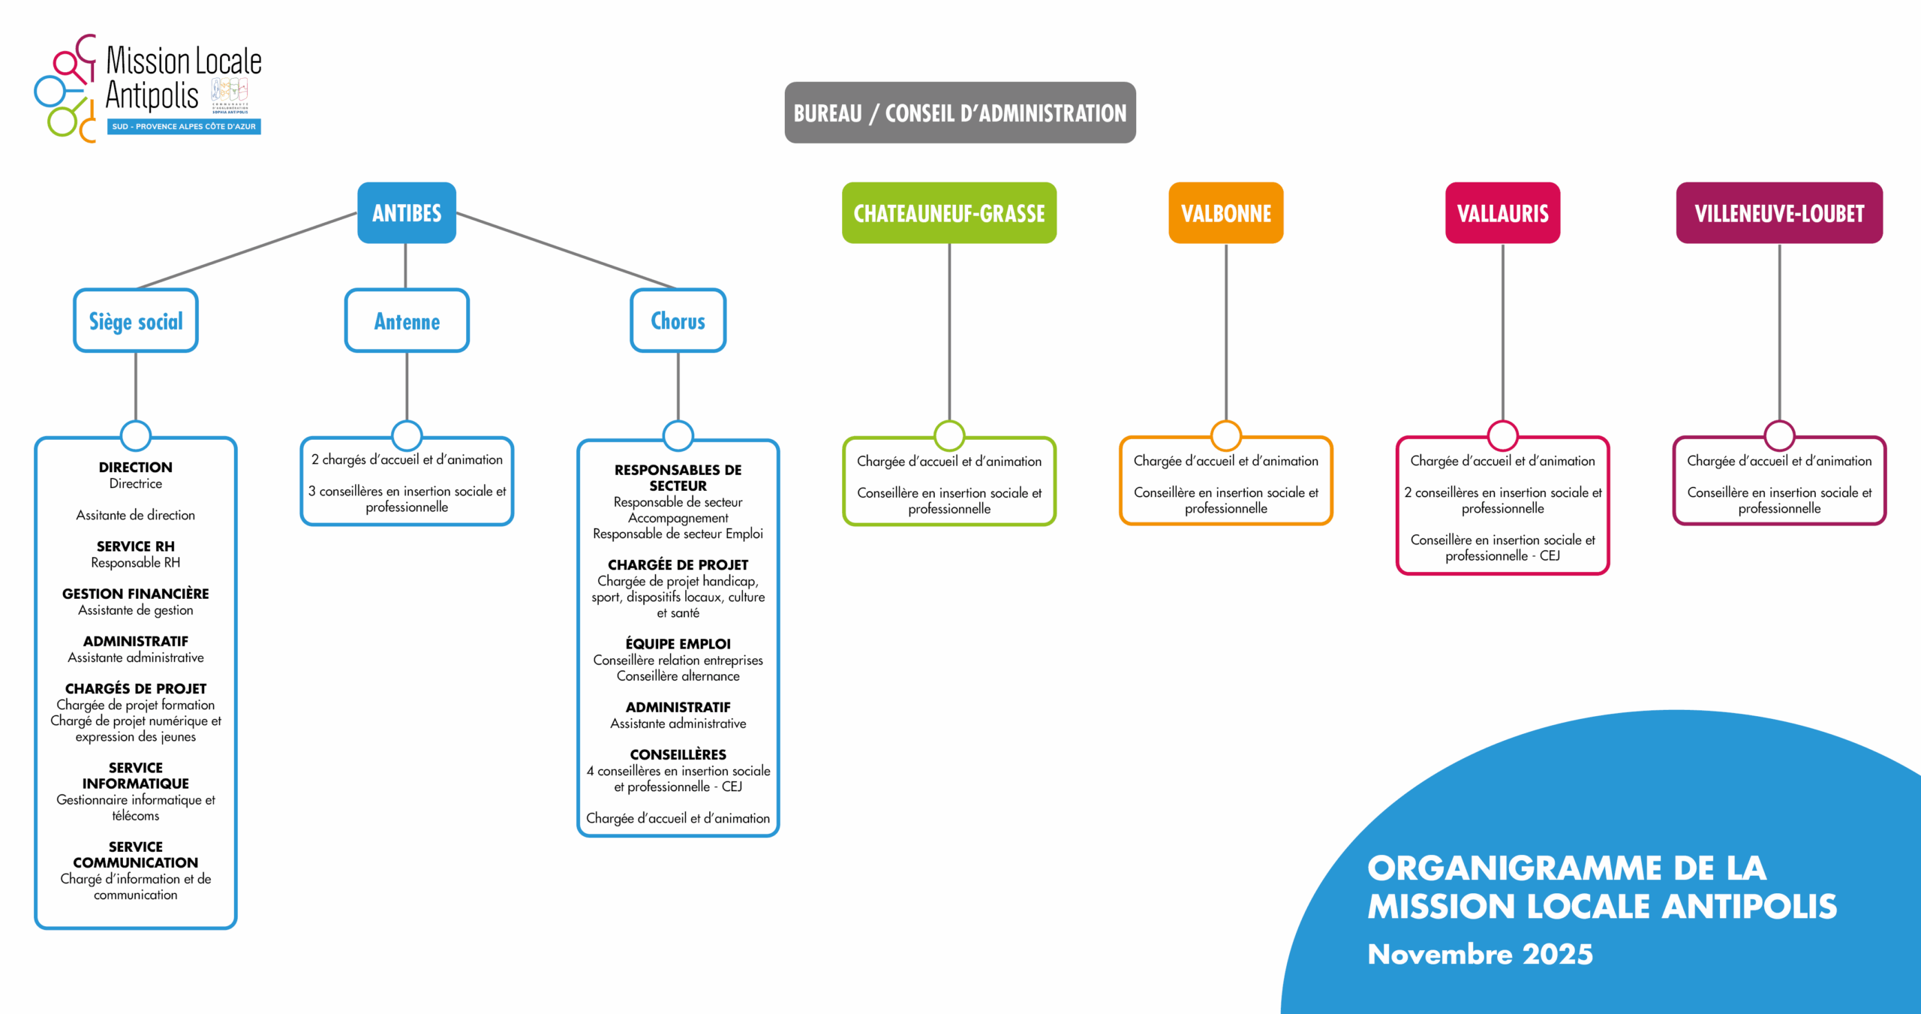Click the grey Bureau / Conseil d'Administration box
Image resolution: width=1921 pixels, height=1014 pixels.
pyautogui.click(x=960, y=113)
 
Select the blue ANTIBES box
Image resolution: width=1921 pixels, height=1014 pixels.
pyautogui.click(x=407, y=213)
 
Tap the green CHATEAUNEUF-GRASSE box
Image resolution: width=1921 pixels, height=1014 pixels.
pyautogui.click(x=948, y=213)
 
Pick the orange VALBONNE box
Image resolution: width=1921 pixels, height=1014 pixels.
pyautogui.click(x=1225, y=213)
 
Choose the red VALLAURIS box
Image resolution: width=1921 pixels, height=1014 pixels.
pyautogui.click(x=1502, y=213)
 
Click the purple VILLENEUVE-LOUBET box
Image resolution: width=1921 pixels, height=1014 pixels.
pyautogui.click(x=1779, y=213)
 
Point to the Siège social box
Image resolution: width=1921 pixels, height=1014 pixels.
pyautogui.click(x=136, y=321)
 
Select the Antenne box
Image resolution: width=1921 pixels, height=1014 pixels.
pyautogui.click(x=407, y=321)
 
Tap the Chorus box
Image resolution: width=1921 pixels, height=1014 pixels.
pyautogui.click(x=678, y=321)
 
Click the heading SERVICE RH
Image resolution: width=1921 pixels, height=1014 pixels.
pyautogui.click(x=136, y=546)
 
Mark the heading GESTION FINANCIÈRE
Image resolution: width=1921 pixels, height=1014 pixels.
pyautogui.click(x=136, y=594)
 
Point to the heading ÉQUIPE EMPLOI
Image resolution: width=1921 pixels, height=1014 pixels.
pyautogui.click(x=678, y=644)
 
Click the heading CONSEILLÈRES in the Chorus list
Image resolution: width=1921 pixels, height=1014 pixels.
pyautogui.click(x=678, y=754)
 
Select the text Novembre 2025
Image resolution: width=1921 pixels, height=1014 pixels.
pyautogui.click(x=1480, y=954)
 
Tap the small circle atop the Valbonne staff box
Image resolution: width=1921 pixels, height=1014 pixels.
pyautogui.click(x=1225, y=435)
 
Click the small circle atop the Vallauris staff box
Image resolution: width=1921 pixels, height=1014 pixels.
pyautogui.click(x=1502, y=435)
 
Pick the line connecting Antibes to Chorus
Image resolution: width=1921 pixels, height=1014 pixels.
pyautogui.click(x=567, y=251)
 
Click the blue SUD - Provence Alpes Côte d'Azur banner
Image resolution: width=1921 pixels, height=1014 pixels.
pyautogui.click(x=184, y=127)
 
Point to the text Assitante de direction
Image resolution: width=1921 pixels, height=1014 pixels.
pyautogui.click(x=136, y=515)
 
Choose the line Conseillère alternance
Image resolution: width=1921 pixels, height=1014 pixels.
pyautogui.click(x=678, y=676)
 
